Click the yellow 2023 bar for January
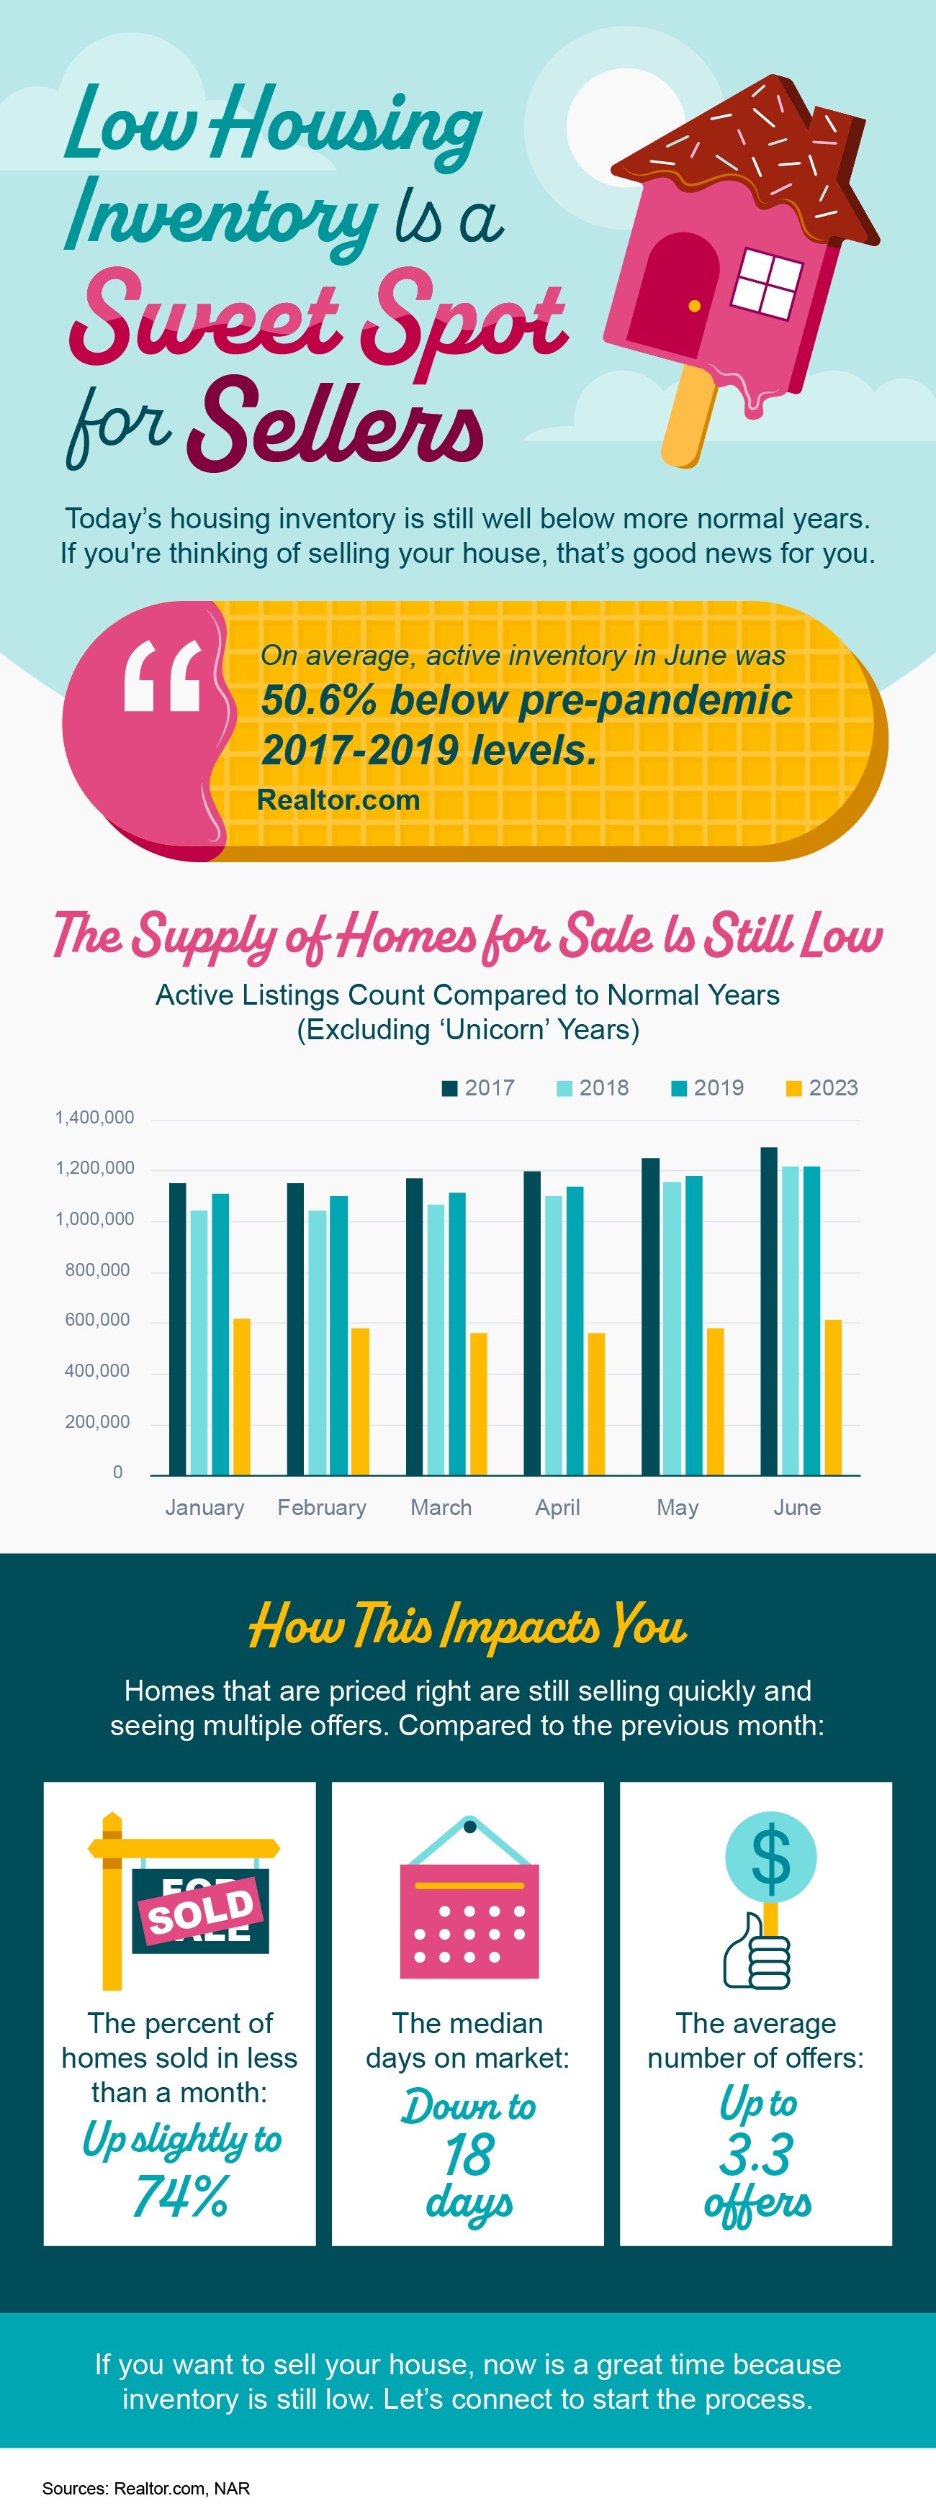click(x=241, y=1396)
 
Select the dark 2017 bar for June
click(x=769, y=1311)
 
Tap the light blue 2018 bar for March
click(x=435, y=1339)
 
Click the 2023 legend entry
click(x=822, y=1087)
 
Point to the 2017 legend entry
click(x=478, y=1087)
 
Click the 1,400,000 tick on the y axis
click(x=94, y=1117)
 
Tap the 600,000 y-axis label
click(x=97, y=1319)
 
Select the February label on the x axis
click(x=322, y=1507)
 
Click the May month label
click(x=678, y=1507)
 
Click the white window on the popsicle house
click(x=767, y=283)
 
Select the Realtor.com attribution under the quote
click(x=338, y=800)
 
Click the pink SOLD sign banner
click(x=202, y=1911)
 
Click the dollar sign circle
click(x=770, y=1856)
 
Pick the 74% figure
click(x=180, y=2196)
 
